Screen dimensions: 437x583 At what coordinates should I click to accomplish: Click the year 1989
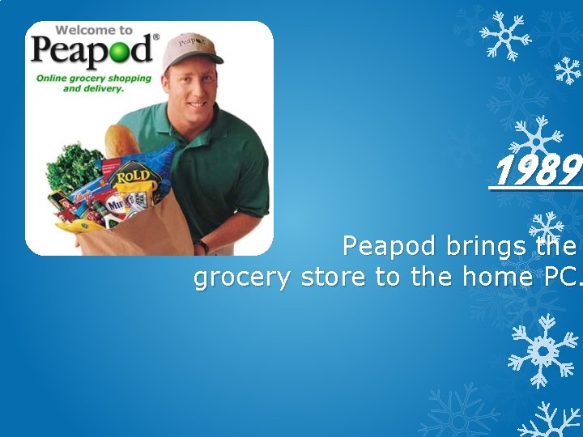point(536,171)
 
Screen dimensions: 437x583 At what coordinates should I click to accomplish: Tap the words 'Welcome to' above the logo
point(94,30)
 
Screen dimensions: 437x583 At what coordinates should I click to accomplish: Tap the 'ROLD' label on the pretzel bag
point(132,175)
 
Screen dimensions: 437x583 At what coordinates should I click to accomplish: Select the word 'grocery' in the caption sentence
point(243,278)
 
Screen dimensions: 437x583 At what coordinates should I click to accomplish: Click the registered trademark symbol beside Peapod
point(156,36)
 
